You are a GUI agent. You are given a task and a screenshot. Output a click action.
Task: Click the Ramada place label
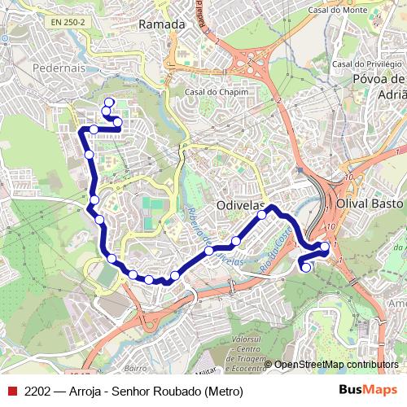(x=162, y=24)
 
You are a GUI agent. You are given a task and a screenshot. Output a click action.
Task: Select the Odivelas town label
(x=242, y=207)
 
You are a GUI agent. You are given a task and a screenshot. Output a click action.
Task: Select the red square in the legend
(x=11, y=390)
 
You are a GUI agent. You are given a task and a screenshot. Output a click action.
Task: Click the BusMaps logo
(x=363, y=390)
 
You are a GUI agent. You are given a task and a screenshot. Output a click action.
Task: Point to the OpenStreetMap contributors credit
(x=336, y=365)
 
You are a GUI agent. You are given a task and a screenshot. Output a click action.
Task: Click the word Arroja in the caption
(x=89, y=390)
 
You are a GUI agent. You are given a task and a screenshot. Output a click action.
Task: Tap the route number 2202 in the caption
(x=38, y=390)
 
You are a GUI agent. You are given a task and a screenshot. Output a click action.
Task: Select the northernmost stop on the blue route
(x=109, y=102)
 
